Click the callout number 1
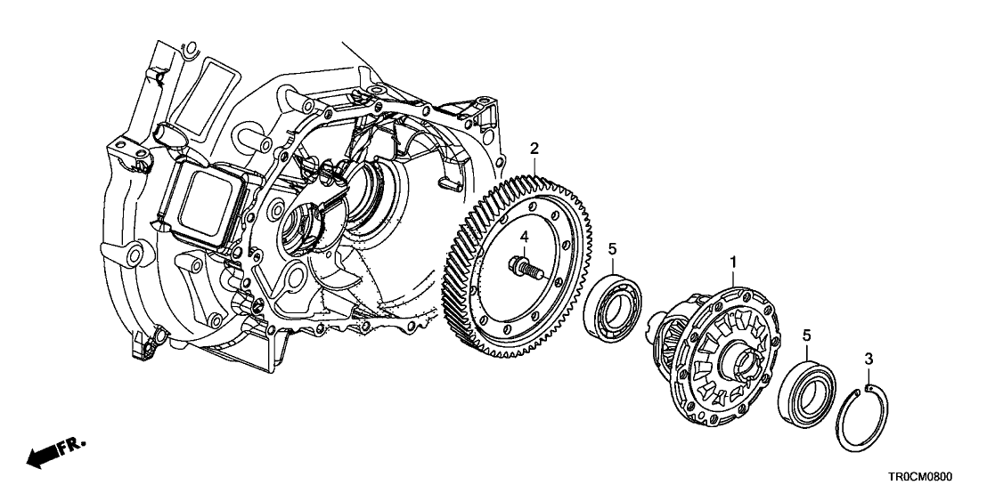click(x=734, y=263)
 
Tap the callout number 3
click(x=869, y=359)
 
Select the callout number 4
click(x=525, y=237)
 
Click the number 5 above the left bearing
click(x=612, y=250)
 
